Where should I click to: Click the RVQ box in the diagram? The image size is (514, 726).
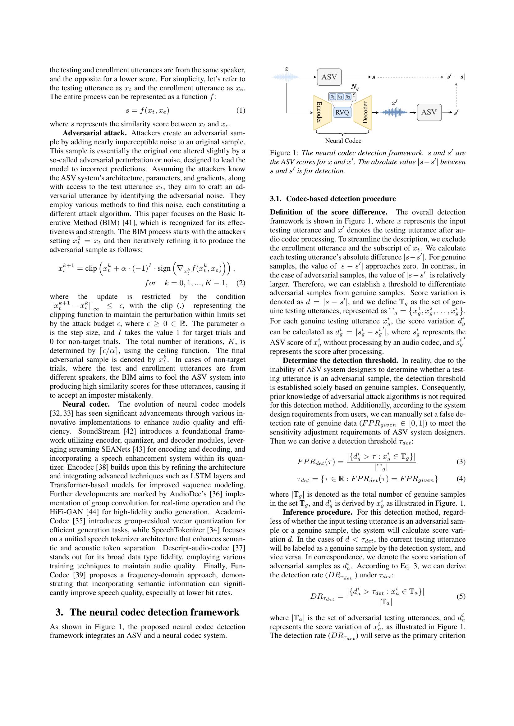pos(342,112)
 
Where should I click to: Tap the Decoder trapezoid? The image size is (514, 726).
pos(363,112)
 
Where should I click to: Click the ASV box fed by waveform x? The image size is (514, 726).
pos(329,77)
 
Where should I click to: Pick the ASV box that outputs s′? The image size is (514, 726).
pos(429,112)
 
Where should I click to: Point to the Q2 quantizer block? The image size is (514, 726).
pos(340,97)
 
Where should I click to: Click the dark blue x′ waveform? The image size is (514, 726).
pos(394,112)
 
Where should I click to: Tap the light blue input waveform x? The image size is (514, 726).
pos(286,77)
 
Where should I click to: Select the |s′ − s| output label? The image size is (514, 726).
pos(455,77)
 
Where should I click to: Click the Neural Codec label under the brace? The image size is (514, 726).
pos(343,141)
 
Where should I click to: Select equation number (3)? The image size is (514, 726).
pos(461,462)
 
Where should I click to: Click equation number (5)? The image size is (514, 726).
pos(461,597)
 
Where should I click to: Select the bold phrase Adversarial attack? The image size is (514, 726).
pos(95,133)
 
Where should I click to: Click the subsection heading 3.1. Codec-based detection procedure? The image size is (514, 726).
pos(333,199)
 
